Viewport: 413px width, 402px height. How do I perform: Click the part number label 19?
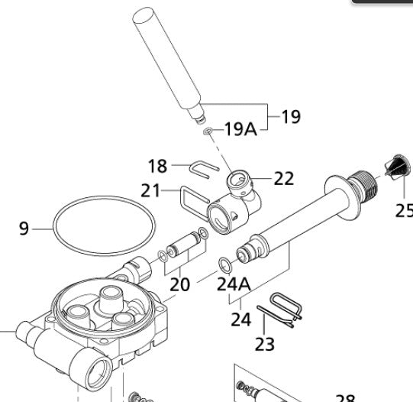tap(290, 117)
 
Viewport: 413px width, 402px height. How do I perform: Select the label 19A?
tap(240, 129)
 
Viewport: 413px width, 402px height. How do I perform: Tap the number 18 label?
tap(157, 166)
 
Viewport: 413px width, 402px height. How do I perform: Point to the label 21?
tap(150, 190)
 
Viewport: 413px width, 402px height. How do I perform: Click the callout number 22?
tap(283, 178)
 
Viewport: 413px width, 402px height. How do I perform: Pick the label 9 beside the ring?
tap(24, 227)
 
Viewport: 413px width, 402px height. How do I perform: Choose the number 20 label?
tap(179, 284)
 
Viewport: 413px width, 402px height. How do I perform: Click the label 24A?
tap(234, 284)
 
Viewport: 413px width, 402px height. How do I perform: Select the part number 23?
tap(264, 344)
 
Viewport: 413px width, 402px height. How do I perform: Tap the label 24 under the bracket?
tap(240, 318)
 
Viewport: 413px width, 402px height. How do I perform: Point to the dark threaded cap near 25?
tap(395, 168)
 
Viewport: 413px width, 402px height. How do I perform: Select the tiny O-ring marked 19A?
tap(208, 132)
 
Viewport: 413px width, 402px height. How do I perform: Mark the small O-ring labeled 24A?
tap(225, 264)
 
